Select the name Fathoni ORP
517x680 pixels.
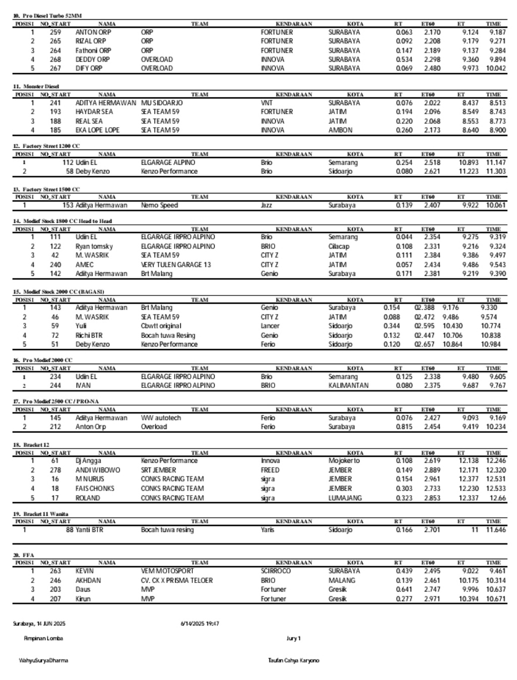93,51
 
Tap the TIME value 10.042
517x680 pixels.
496,68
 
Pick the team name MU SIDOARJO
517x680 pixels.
162,103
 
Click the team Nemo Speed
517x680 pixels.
160,206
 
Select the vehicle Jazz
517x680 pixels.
267,206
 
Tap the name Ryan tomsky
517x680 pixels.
94,247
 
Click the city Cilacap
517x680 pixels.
339,247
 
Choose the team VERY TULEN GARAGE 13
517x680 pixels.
176,265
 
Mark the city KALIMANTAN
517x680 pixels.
348,385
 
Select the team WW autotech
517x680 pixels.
161,418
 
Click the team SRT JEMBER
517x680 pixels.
159,470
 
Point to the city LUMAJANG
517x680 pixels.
345,498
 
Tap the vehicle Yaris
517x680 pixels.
268,530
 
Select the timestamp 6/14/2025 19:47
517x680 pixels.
200,624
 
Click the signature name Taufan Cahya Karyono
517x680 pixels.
294,661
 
